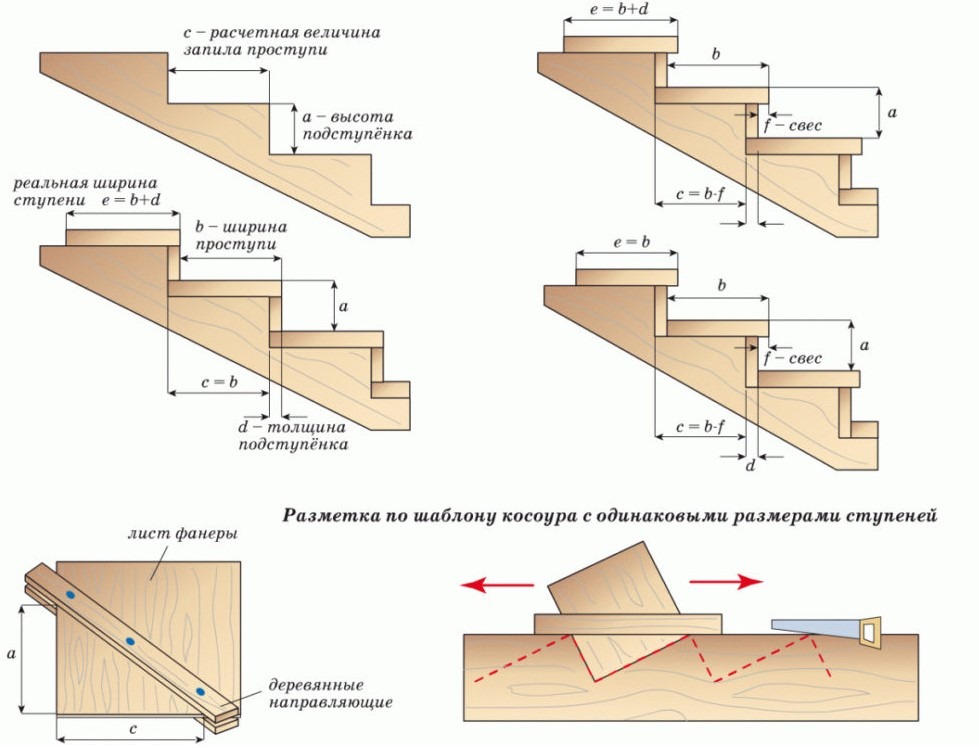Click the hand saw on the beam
click(820, 627)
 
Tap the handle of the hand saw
click(870, 630)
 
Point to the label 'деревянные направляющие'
click(330, 693)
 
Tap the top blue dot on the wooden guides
click(70, 596)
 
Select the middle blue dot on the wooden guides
click(130, 641)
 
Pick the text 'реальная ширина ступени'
click(85, 191)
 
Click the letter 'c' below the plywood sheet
click(133, 729)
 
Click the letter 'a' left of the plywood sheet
click(11, 653)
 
